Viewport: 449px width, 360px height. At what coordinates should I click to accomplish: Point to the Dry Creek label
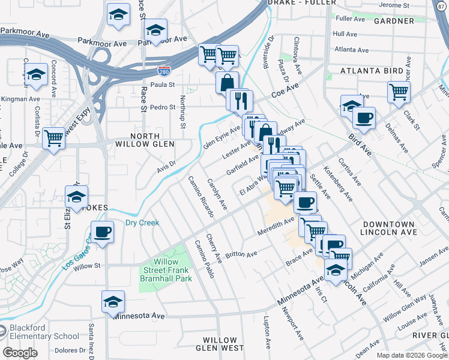pos(142,223)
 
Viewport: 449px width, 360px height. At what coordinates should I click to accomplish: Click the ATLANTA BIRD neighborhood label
pos(372,71)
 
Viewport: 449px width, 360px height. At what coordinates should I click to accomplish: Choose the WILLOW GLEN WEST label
pos(219,344)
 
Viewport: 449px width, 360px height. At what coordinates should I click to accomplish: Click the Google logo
pos(20,353)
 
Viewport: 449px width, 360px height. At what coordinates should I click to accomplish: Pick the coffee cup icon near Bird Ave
pos(364,118)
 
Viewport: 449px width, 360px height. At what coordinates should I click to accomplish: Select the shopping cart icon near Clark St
pos(399,92)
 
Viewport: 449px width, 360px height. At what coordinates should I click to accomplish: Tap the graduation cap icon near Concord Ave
pos(37,74)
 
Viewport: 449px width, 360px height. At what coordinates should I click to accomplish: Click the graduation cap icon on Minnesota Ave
pos(113,302)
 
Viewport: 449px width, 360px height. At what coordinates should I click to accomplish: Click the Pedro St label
pos(163,107)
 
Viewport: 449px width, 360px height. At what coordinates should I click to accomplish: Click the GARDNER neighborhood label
pos(394,21)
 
